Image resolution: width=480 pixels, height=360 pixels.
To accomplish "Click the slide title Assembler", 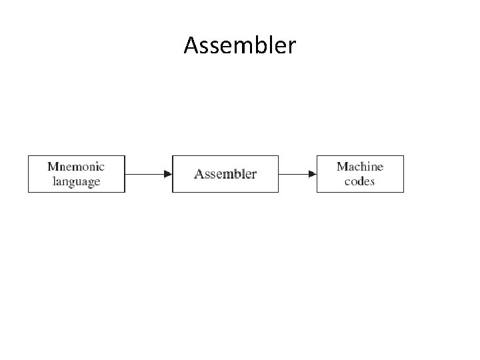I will (240, 45).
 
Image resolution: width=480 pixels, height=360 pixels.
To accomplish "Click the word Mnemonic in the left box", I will (76, 166).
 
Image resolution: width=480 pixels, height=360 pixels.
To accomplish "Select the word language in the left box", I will (76, 181).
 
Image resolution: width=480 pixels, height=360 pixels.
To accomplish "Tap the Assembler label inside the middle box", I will (225, 174).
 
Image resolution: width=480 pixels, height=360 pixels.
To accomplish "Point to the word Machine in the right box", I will (360, 166).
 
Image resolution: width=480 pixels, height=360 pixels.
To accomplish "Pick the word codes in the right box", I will (360, 181).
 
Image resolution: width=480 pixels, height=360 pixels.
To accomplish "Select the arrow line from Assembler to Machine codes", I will (293, 174).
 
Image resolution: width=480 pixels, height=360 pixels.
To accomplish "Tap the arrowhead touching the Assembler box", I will (168, 174).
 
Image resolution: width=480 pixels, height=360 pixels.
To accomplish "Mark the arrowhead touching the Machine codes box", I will (313, 174).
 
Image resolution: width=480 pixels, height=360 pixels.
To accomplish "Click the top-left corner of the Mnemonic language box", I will (28, 155).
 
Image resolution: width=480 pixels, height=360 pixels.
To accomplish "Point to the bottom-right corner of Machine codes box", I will (403, 192).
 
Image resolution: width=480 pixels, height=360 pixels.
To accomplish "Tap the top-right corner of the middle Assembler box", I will (278, 155).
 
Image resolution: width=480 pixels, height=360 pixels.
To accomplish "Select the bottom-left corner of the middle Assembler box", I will (173, 192).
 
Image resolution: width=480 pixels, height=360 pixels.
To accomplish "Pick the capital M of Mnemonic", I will (53, 166).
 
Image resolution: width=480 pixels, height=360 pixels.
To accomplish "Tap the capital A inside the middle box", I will (199, 174).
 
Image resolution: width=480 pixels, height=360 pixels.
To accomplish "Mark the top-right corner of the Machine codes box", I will (403, 155).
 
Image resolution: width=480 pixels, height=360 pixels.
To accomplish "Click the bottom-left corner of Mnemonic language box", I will (28, 192).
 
